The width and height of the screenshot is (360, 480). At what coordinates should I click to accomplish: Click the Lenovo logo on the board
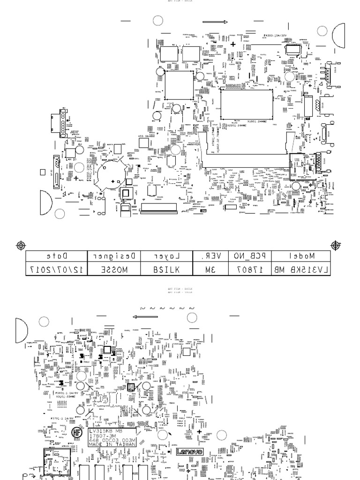tap(190, 452)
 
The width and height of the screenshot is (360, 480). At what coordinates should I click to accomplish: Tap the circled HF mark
tap(77, 433)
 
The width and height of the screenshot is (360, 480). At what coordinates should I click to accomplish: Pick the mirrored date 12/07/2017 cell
tap(56, 269)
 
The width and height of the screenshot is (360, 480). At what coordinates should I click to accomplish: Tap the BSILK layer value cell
tap(166, 269)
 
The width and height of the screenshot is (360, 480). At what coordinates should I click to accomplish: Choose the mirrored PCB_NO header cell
tap(250, 256)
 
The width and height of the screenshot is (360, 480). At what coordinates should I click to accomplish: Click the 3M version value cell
tap(210, 269)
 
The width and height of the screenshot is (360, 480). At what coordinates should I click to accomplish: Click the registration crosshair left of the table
tap(21, 245)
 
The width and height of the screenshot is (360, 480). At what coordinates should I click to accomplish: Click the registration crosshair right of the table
tap(336, 245)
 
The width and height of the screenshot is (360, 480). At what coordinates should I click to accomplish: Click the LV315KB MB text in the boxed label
tap(106, 430)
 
